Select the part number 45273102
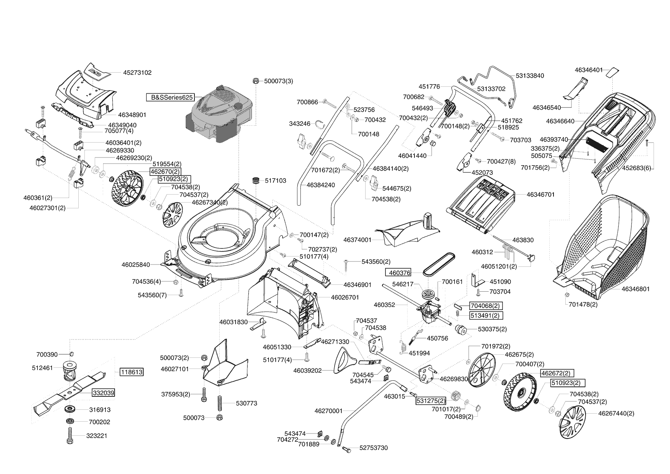pyautogui.click(x=137, y=73)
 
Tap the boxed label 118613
pyautogui.click(x=131, y=372)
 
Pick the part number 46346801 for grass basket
pyautogui.click(x=635, y=289)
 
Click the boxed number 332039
pyautogui.click(x=103, y=393)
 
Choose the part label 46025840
pyautogui.click(x=136, y=265)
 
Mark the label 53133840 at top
pyautogui.click(x=529, y=76)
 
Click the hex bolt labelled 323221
pyautogui.click(x=70, y=435)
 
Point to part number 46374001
pyautogui.click(x=358, y=240)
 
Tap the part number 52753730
pyautogui.click(x=373, y=448)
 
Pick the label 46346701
pyautogui.click(x=541, y=195)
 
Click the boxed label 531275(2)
pyautogui.click(x=430, y=401)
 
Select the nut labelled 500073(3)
pyautogui.click(x=256, y=81)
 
